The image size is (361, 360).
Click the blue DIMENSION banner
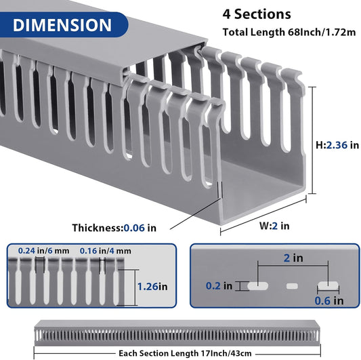[x=62, y=25]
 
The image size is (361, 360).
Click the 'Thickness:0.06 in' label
[x=114, y=228]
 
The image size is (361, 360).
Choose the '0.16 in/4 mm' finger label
[x=104, y=251]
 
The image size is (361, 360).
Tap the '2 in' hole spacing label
[x=293, y=258]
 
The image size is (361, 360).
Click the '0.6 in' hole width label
[x=329, y=300]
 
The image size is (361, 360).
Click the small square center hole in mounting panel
[x=292, y=287]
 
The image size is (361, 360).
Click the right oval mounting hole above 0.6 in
[x=328, y=286]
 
